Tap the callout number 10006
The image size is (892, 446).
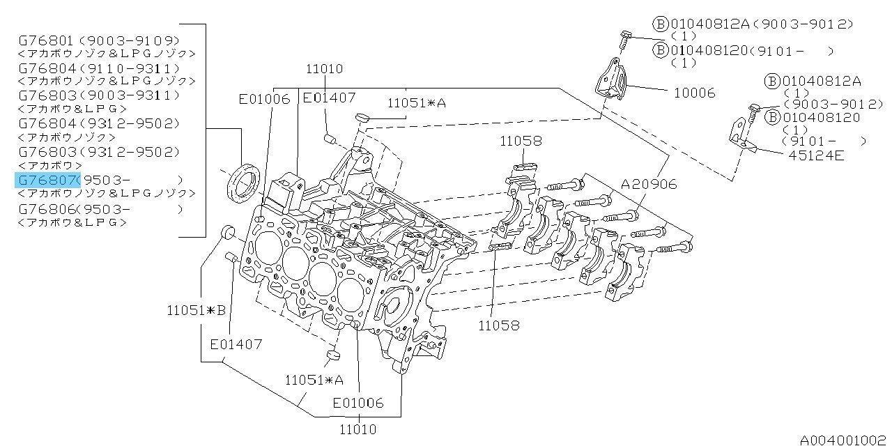tap(693, 92)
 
